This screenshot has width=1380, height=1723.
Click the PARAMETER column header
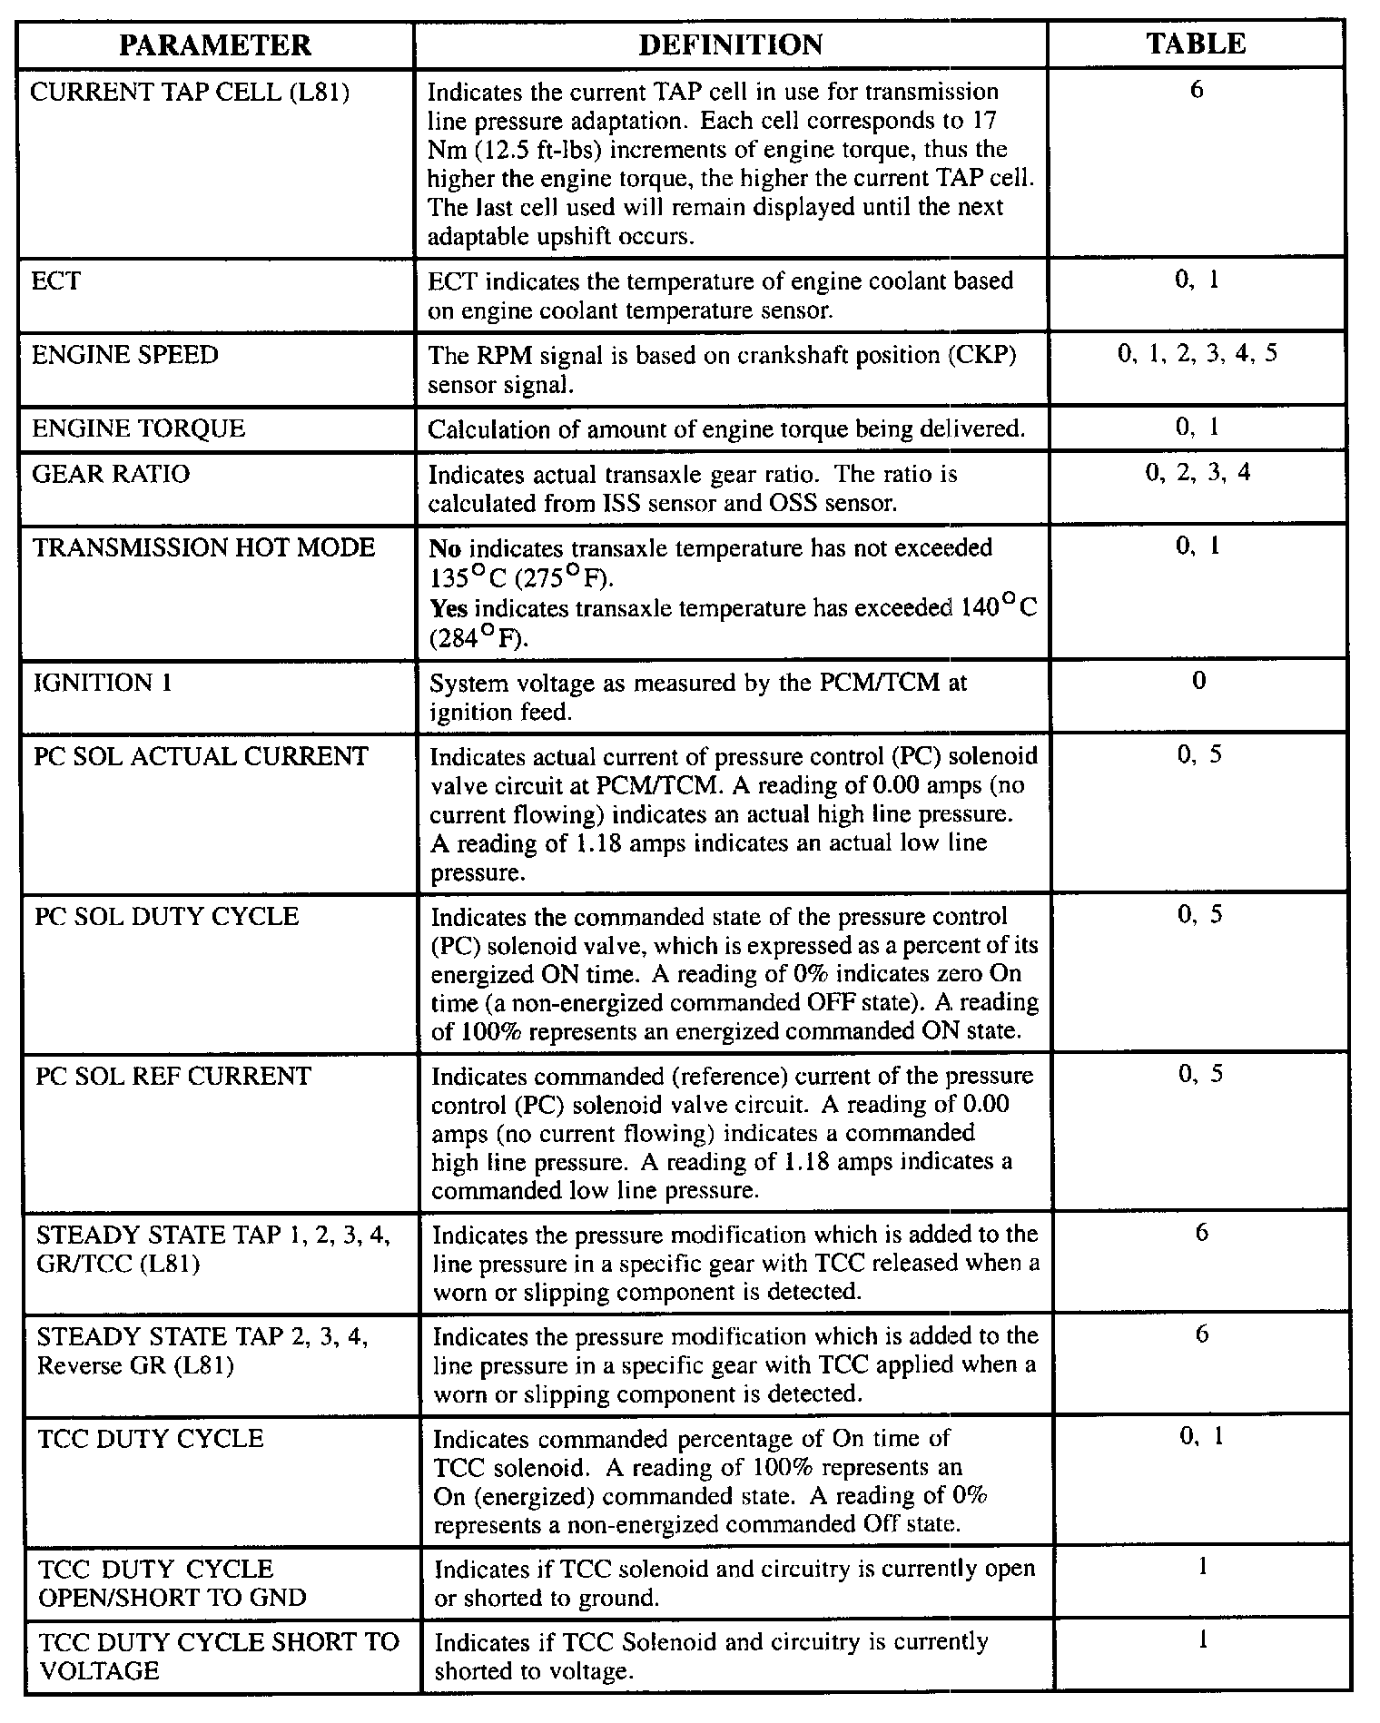pyautogui.click(x=215, y=44)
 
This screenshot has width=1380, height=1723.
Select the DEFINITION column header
pyautogui.click(x=730, y=44)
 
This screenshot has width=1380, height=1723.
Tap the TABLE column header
pyautogui.click(x=1196, y=44)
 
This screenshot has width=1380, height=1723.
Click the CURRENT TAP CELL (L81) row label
pyautogui.click(x=190, y=93)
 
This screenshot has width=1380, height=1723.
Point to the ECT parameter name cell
pyautogui.click(x=56, y=281)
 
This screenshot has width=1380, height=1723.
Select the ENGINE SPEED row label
pyautogui.click(x=125, y=355)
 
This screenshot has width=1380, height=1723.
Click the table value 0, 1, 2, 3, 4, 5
pyautogui.click(x=1198, y=353)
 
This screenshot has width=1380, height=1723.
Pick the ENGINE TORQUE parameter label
pyautogui.click(x=138, y=428)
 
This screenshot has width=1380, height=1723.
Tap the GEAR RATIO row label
pyautogui.click(x=111, y=474)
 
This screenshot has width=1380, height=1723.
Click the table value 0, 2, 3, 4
pyautogui.click(x=1198, y=473)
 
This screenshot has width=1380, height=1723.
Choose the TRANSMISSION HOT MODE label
pyautogui.click(x=203, y=548)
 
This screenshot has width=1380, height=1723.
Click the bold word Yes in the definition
pyautogui.click(x=448, y=608)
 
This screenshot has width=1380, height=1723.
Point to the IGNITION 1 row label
pyautogui.click(x=103, y=683)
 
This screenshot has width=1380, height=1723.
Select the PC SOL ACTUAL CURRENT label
pyautogui.click(x=202, y=756)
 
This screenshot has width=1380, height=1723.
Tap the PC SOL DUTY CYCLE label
pyautogui.click(x=166, y=916)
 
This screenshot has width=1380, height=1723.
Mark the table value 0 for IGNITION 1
pyautogui.click(x=1198, y=682)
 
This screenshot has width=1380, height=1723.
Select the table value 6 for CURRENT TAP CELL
pyautogui.click(x=1197, y=91)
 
